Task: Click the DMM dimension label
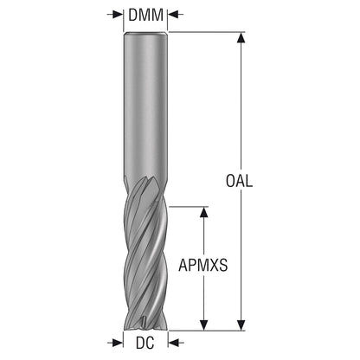pos(145,15)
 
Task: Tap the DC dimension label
pos(145,343)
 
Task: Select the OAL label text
pos(239,181)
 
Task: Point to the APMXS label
pos(203,265)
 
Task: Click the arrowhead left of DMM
pos(118,14)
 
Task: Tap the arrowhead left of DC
pos(118,343)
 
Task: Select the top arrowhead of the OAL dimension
pos(241,37)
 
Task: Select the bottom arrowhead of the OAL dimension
pos(241,325)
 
